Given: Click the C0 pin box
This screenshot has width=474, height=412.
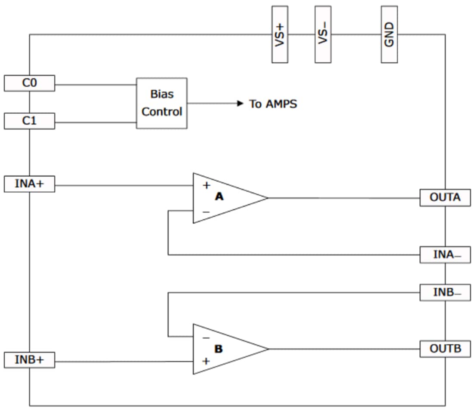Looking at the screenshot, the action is pyautogui.click(x=29, y=83).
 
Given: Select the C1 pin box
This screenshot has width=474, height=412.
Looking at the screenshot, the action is pyautogui.click(x=29, y=121).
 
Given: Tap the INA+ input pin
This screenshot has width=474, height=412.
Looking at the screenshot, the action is pyautogui.click(x=29, y=184).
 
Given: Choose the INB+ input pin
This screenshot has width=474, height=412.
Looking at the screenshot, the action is pyautogui.click(x=29, y=360).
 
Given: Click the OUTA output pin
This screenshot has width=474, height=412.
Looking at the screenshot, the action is pyautogui.click(x=445, y=198).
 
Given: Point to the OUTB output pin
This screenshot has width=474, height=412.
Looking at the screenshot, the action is pyautogui.click(x=445, y=349).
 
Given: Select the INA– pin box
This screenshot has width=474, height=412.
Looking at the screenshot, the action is pyautogui.click(x=445, y=255).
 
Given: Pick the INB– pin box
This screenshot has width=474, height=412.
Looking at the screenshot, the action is pyautogui.click(x=445, y=292).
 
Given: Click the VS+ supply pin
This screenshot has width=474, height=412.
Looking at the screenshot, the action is pyautogui.click(x=280, y=34).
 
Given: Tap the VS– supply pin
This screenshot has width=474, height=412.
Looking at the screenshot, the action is pyautogui.click(x=323, y=34).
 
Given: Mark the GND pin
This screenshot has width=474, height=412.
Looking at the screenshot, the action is pyautogui.click(x=389, y=34).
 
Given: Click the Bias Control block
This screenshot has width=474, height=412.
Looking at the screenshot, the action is pyautogui.click(x=162, y=103).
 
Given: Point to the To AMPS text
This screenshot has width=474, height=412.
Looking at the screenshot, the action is pyautogui.click(x=273, y=104).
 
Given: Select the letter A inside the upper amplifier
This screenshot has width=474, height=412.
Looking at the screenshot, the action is pyautogui.click(x=219, y=197).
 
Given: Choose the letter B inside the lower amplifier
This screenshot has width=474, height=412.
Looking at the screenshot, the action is pyautogui.click(x=219, y=349).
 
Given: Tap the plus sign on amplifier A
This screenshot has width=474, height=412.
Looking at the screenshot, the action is pyautogui.click(x=206, y=185).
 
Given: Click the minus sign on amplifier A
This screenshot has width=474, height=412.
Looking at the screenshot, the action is pyautogui.click(x=206, y=212).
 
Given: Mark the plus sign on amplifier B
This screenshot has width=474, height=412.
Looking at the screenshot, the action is pyautogui.click(x=206, y=361).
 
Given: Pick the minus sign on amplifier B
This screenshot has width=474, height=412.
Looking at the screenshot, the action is pyautogui.click(x=206, y=337).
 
